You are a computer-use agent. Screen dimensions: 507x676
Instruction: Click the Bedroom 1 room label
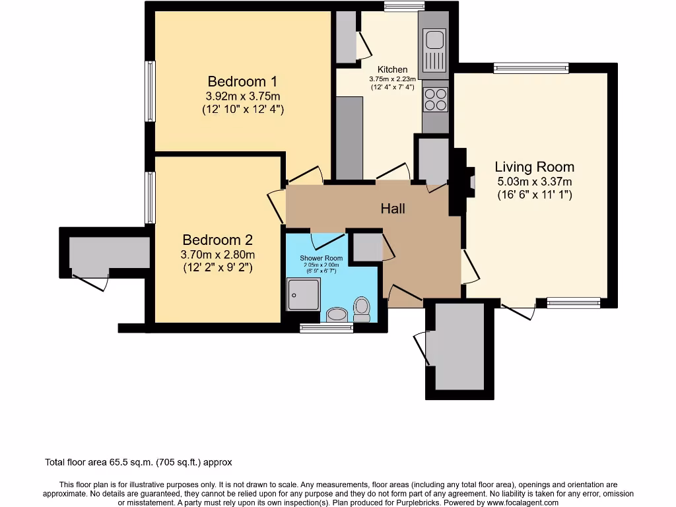[242, 82]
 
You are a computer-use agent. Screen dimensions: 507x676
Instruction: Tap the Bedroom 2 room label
[217, 240]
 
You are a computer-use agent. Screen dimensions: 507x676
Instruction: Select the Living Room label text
[535, 167]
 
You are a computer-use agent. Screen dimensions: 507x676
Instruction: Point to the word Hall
[393, 209]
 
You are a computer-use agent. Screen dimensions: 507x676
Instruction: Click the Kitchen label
[392, 69]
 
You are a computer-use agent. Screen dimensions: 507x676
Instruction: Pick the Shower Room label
[321, 258]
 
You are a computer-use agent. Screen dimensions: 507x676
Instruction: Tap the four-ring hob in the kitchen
[435, 100]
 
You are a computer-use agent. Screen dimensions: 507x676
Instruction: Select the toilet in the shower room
[362, 308]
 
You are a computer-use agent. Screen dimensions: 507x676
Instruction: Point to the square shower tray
[303, 294]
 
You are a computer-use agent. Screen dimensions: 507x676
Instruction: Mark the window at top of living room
[531, 67]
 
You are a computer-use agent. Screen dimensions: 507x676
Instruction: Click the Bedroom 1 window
[151, 91]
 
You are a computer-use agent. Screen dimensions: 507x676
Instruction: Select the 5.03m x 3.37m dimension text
[535, 182]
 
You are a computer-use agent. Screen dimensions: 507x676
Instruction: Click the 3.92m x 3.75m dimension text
[242, 96]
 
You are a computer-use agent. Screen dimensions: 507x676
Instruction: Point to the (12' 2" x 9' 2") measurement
[217, 267]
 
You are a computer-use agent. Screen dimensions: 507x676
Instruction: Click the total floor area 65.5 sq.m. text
[138, 463]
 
